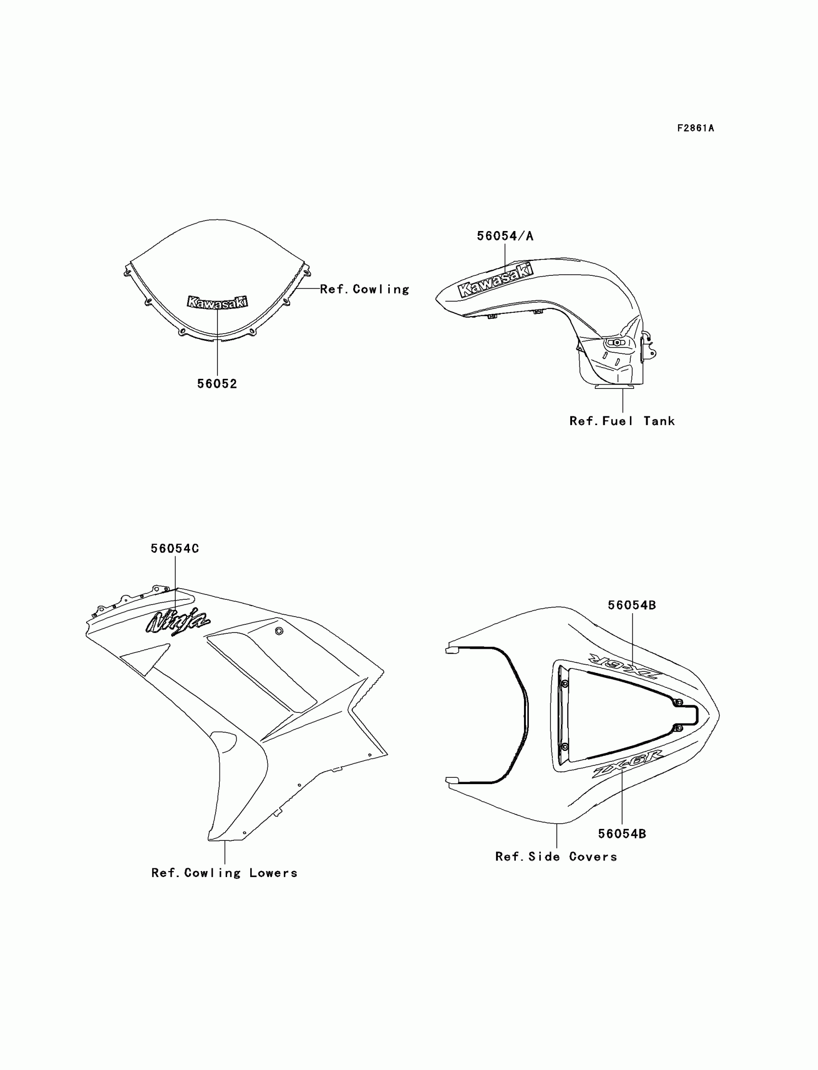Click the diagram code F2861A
tap(695, 128)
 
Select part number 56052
tap(217, 384)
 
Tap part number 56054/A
tap(505, 236)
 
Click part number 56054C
tap(174, 548)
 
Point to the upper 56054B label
tap(631, 605)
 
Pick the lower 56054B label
tap(622, 834)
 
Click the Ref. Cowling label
tap(364, 289)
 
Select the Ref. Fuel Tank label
tap(622, 421)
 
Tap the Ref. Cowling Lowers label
tap(224, 873)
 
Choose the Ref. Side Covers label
tap(556, 857)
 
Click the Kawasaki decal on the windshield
tap(217, 302)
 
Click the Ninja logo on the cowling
tap(178, 621)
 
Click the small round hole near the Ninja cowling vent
tap(279, 631)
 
